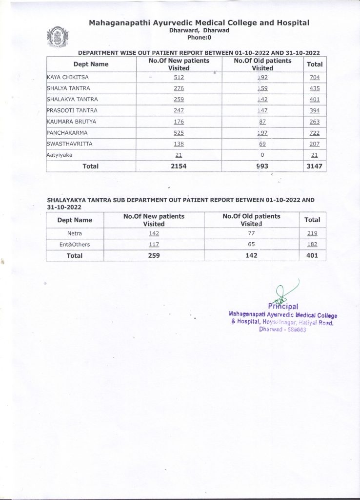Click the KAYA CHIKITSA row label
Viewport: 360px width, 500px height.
tap(67, 77)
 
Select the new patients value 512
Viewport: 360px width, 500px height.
tap(179, 77)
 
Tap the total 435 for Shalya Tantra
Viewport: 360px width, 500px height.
tap(315, 88)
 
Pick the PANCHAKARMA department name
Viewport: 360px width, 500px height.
tap(68, 133)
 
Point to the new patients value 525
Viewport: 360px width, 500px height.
tap(179, 133)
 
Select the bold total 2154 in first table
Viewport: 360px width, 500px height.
tap(179, 167)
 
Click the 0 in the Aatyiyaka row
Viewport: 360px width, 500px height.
tap(262, 155)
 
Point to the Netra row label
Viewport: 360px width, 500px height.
tap(74, 233)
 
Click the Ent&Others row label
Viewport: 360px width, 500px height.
tap(75, 244)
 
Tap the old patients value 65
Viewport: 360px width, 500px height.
tap(252, 244)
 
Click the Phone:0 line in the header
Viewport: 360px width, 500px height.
tap(199, 37)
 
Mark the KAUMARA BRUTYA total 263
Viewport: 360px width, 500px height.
tap(315, 122)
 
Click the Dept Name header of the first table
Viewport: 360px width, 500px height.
tap(91, 64)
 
